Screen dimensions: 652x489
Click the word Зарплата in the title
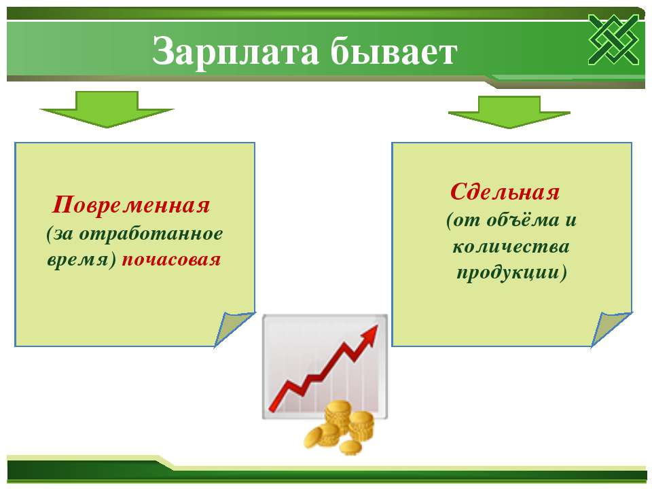click(x=236, y=52)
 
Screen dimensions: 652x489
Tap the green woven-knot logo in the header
click(x=613, y=39)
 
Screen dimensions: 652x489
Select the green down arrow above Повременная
click(x=107, y=109)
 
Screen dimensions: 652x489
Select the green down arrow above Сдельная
click(x=509, y=112)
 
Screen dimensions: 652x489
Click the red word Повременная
click(x=131, y=205)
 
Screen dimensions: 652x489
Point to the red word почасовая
click(x=171, y=260)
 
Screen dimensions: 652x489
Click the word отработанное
click(x=151, y=234)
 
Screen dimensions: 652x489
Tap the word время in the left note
click(x=77, y=261)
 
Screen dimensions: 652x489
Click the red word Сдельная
click(x=505, y=192)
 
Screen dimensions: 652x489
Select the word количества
click(x=511, y=247)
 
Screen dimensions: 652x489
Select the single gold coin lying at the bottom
click(x=350, y=447)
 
